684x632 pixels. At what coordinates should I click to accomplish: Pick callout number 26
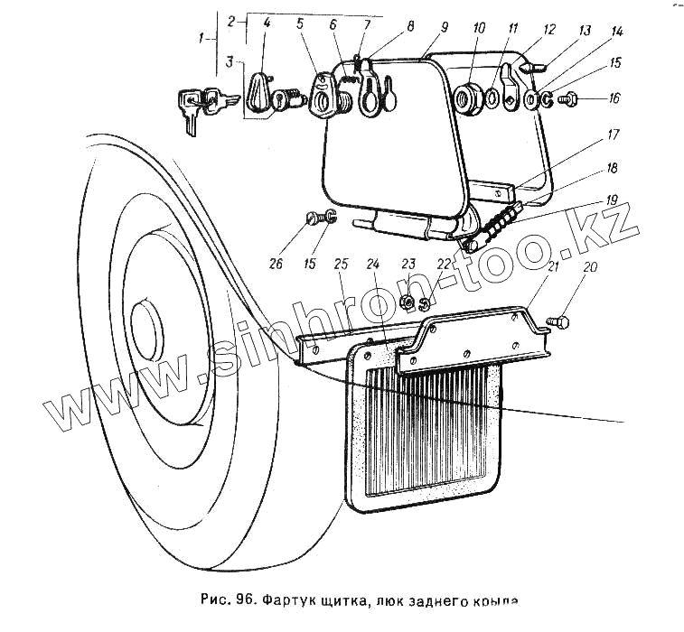[x=276, y=265]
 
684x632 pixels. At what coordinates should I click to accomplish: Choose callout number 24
[x=372, y=265]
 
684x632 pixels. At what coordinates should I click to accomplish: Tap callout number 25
[x=341, y=265]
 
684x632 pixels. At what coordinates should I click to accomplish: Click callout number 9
[x=444, y=28]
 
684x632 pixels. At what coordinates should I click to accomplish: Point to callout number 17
[x=613, y=135]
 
